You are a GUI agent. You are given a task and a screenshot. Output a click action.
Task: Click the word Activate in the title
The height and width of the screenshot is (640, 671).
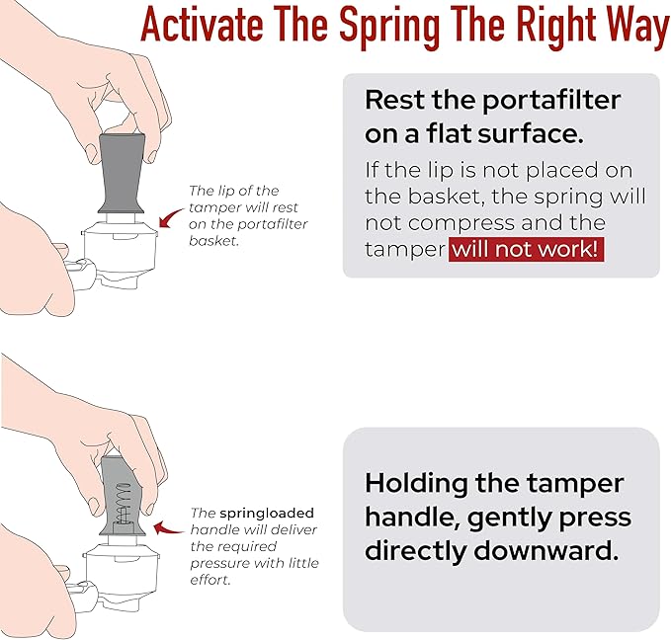coord(202,24)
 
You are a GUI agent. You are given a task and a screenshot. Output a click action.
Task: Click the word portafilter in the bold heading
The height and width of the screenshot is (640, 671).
coord(551,102)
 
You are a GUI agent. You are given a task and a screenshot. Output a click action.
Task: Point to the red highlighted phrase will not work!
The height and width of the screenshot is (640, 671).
coord(527,249)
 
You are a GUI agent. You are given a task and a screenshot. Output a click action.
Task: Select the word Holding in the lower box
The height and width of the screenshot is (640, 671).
coord(416,485)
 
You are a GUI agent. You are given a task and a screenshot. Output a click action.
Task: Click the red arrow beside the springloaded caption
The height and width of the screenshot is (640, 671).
coord(168,528)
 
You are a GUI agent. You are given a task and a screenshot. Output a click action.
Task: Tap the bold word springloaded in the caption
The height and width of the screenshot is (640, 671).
coord(267,513)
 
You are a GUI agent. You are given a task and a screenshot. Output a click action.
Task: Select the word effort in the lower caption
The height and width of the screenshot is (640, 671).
coord(210,580)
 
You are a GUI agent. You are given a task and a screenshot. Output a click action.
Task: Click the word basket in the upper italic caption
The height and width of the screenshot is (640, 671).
coord(213,241)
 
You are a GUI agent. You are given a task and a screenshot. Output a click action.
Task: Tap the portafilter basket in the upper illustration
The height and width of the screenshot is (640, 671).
coord(120,248)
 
